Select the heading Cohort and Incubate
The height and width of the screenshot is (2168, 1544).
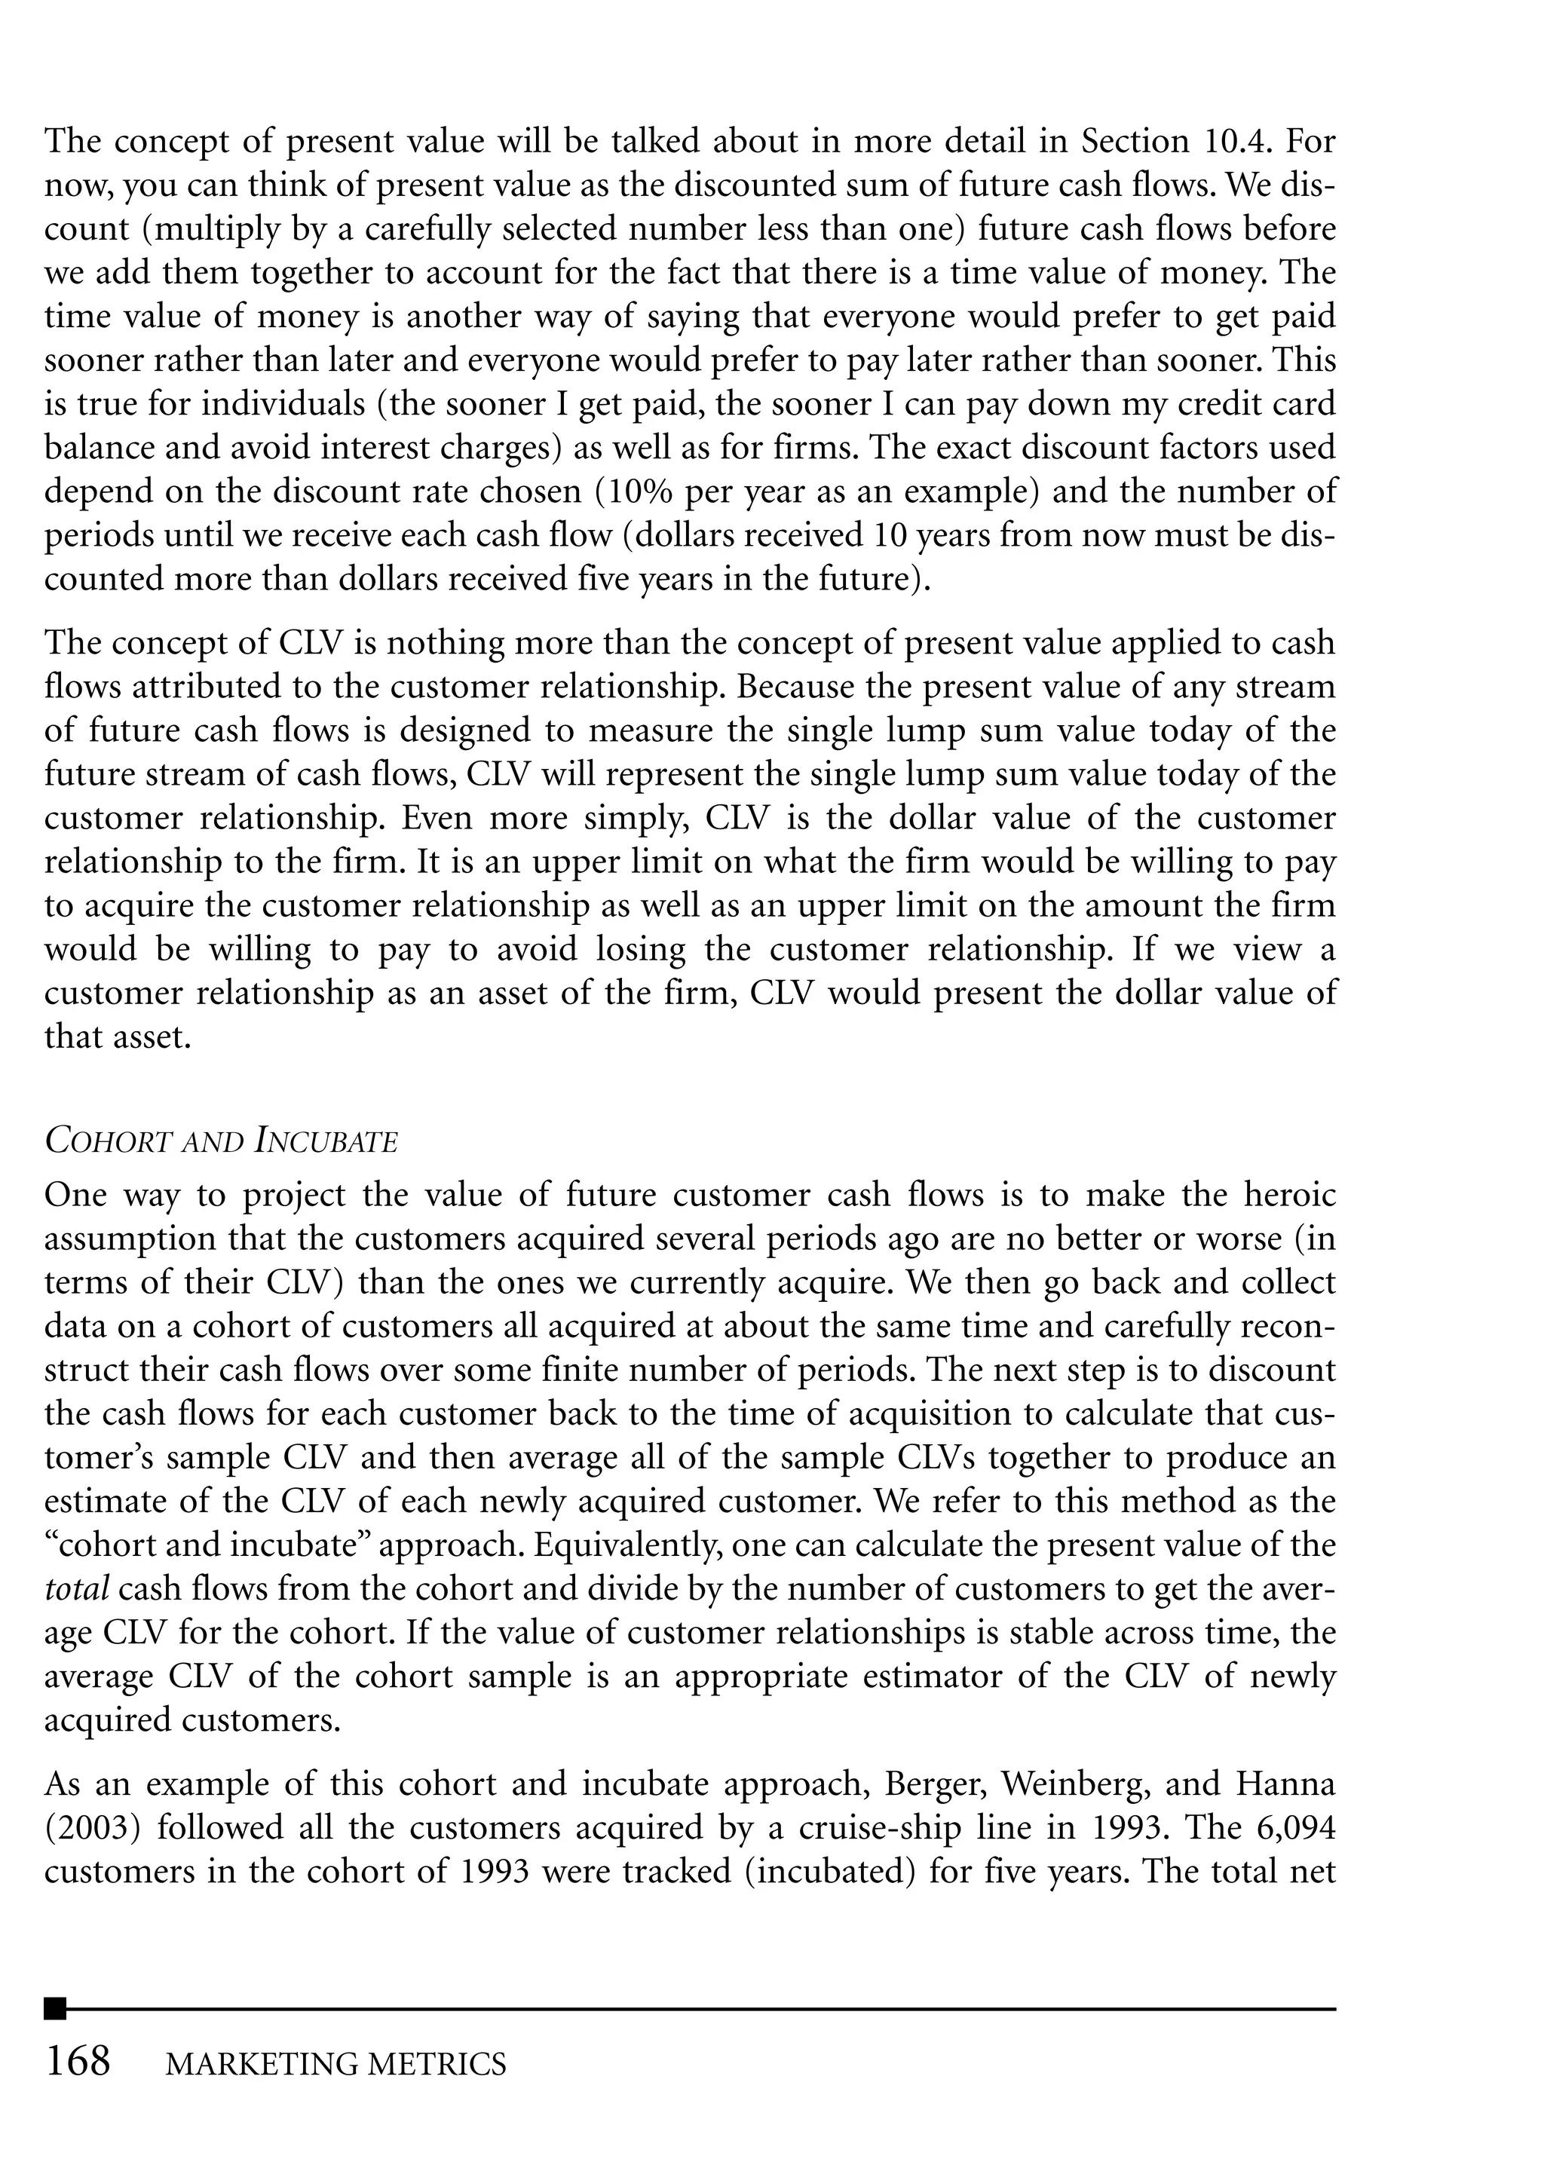tap(221, 1141)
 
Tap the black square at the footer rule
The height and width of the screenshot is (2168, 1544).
tap(55, 2008)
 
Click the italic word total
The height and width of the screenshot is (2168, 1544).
tap(76, 1588)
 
